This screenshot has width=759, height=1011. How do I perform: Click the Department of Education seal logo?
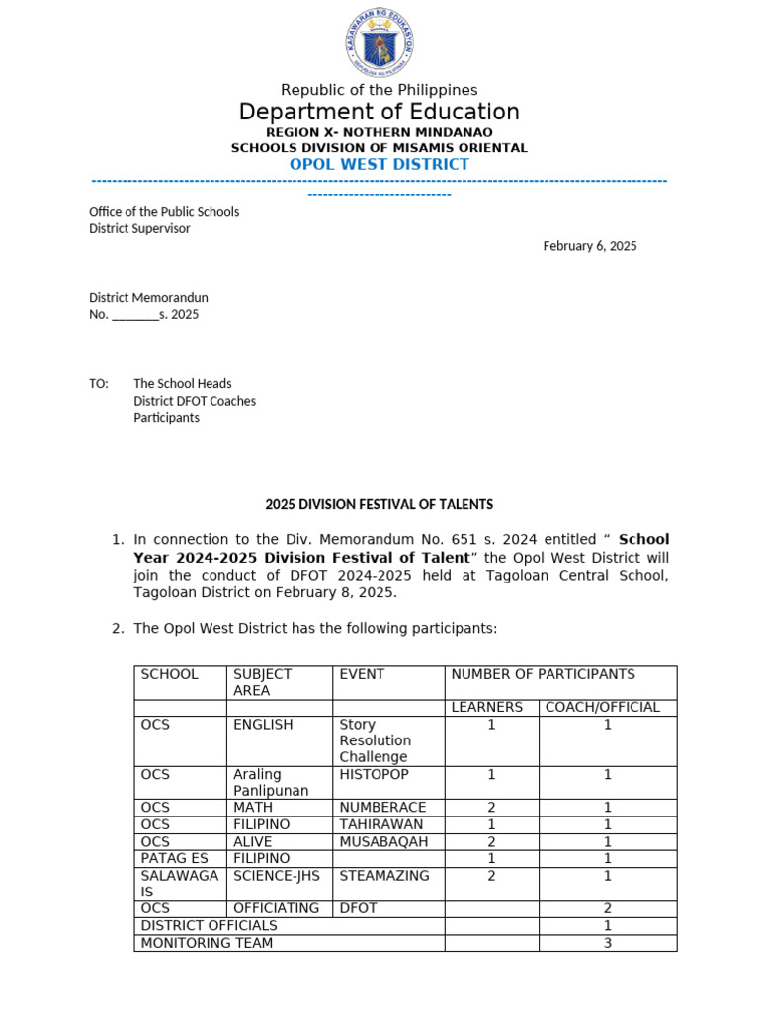[379, 40]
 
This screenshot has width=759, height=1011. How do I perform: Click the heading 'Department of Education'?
[379, 112]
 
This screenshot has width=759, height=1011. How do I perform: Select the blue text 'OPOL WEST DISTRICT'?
[379, 164]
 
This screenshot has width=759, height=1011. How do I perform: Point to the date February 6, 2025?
[590, 246]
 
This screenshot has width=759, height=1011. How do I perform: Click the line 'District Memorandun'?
[148, 297]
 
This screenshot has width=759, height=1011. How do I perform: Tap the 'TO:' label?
[99, 383]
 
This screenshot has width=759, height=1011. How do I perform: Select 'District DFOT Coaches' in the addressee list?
[195, 401]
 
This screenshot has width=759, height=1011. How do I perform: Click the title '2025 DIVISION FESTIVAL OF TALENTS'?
[379, 505]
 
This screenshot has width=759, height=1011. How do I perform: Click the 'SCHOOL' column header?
[170, 674]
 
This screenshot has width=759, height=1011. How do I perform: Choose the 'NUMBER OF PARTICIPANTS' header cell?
[543, 674]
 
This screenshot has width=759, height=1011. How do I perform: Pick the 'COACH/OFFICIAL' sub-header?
[608, 707]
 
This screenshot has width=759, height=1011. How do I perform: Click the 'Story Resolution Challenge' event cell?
[376, 740]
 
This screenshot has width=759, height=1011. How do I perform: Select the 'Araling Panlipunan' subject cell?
[271, 782]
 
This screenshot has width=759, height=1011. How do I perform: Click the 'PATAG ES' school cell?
[175, 858]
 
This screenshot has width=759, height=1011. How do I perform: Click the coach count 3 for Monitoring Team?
[608, 943]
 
